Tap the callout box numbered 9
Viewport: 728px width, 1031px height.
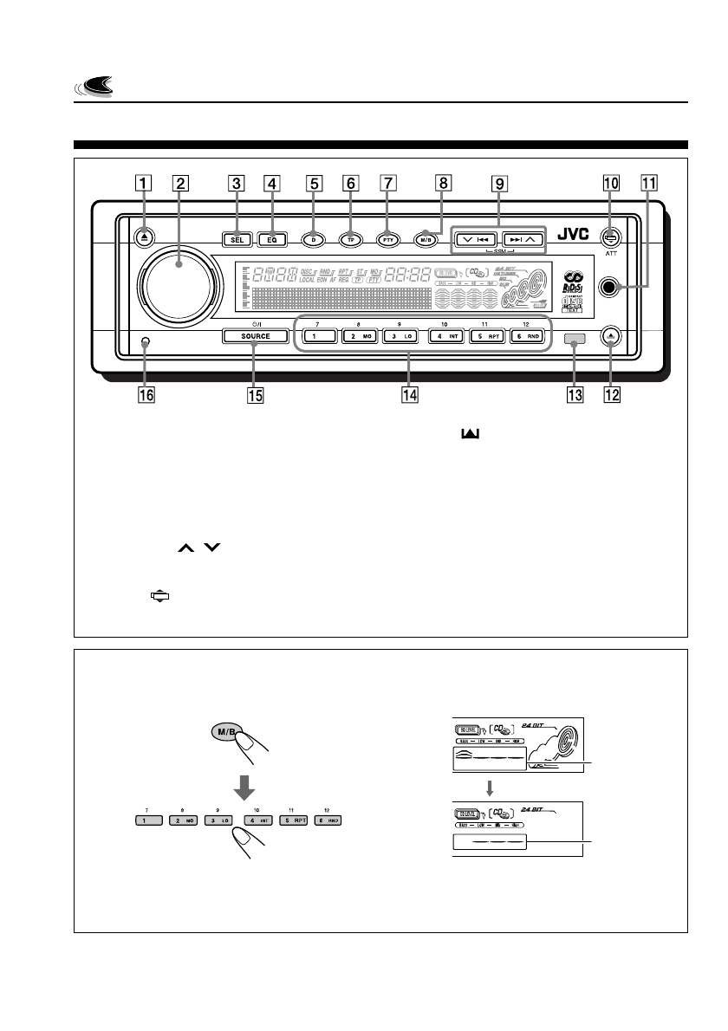tap(498, 184)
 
